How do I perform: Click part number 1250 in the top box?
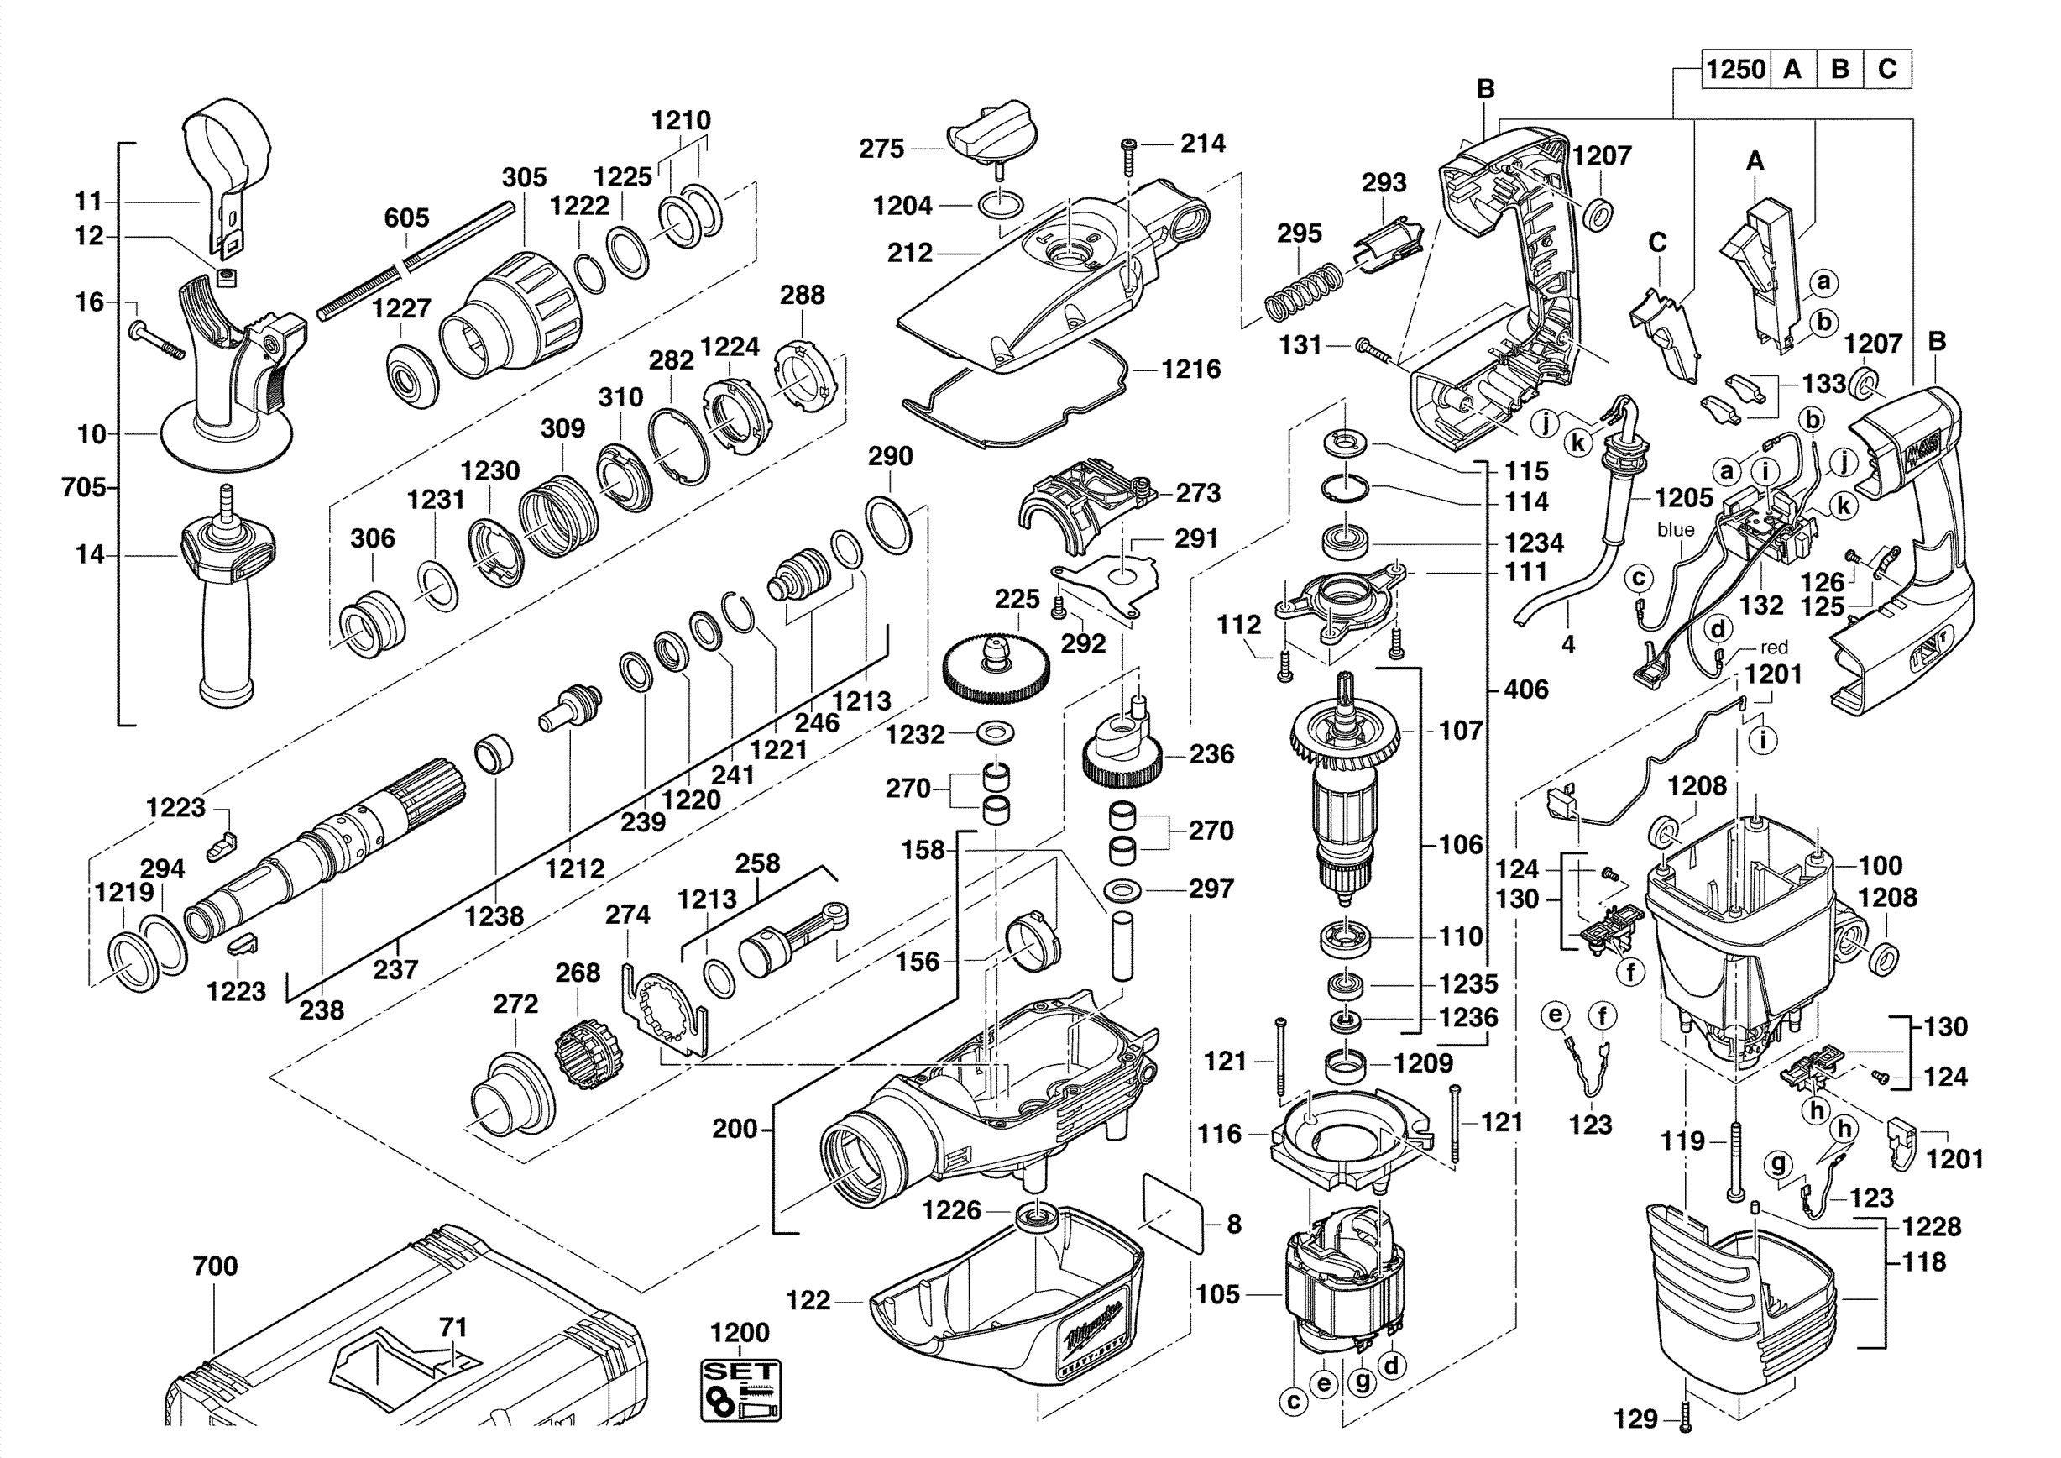[x=1735, y=69]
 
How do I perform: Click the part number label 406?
[x=1526, y=690]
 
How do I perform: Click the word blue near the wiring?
[x=1676, y=530]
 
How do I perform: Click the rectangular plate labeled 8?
[x=1172, y=1212]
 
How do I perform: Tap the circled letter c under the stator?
[x=1294, y=1402]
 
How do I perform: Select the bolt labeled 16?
[x=160, y=340]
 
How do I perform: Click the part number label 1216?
[x=1191, y=369]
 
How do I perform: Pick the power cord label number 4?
[x=1567, y=645]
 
